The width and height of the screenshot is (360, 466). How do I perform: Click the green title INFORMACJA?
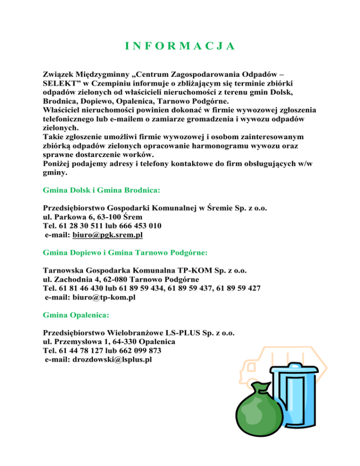180,46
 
